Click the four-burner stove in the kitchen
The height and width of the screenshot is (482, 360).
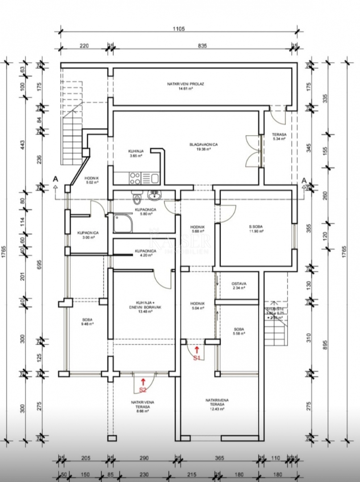click(135, 179)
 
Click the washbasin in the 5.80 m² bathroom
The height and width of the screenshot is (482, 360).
click(155, 195)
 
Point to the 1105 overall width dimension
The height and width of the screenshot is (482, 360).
click(178, 28)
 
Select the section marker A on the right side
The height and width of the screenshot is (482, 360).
click(304, 180)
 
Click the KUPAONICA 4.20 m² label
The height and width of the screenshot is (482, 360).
click(145, 253)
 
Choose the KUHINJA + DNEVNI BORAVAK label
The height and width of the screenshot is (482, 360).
click(145, 309)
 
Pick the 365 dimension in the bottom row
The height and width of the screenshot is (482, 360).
click(219, 458)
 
